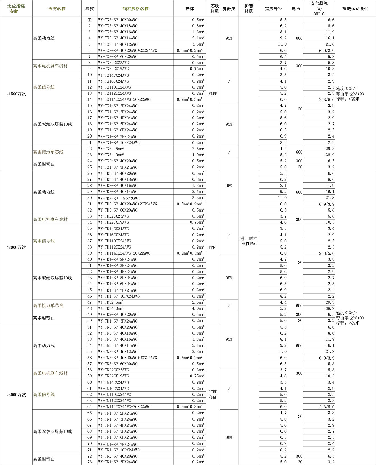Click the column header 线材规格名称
[x=135, y=9]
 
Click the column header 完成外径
[x=273, y=9]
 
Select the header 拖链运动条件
[x=355, y=9]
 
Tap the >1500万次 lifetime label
[x=16, y=94]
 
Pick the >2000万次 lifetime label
[x=16, y=247]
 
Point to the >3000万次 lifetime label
[x=16, y=395]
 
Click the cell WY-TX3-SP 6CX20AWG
[x=118, y=57]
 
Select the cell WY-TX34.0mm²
[x=111, y=155]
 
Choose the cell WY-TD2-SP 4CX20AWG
[x=118, y=315]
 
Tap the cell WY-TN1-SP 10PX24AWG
[x=119, y=450]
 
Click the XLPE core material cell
[x=213, y=94]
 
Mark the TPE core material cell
[x=212, y=247]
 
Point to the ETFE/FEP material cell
[x=213, y=395]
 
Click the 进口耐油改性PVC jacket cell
[x=249, y=241]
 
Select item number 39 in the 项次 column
[x=90, y=253]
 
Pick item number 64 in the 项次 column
[x=90, y=407]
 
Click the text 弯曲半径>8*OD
[x=350, y=94]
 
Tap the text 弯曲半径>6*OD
[x=350, y=318]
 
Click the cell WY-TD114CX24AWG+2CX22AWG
[x=124, y=253]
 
